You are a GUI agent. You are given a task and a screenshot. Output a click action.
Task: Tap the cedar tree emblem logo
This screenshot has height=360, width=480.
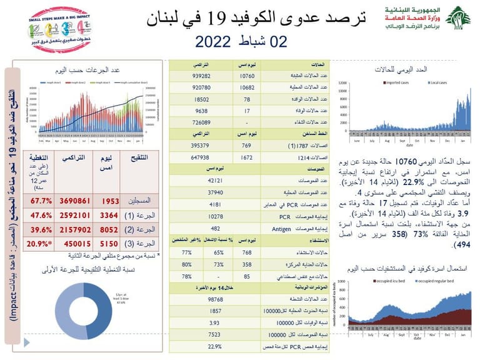point(459,19)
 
